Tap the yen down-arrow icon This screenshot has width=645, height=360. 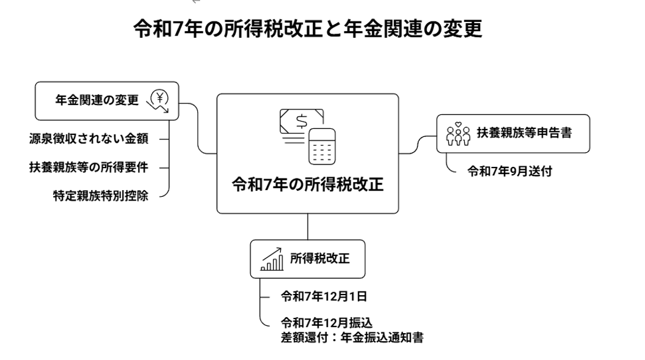161,101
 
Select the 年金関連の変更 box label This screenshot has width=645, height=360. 97,100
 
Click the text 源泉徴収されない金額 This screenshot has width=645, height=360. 89,138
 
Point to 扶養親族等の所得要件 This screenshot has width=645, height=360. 89,166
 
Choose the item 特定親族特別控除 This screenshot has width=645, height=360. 101,195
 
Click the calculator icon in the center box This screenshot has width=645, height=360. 322,146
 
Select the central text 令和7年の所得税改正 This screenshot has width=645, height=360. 308,184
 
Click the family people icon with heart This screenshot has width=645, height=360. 457,134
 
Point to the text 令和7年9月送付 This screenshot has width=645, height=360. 509,171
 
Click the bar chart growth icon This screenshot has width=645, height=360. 272,259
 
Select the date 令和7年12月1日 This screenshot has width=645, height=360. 323,297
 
